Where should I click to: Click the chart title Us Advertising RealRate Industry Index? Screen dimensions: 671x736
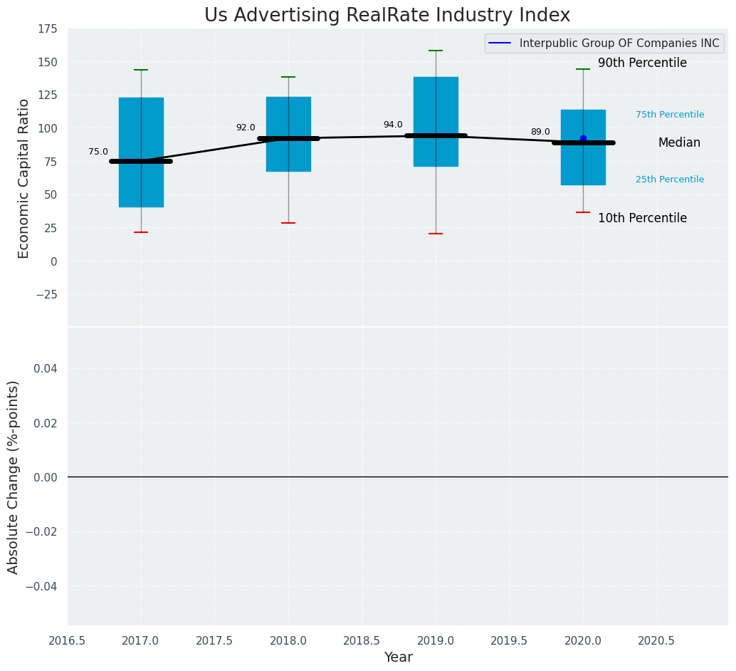(x=387, y=16)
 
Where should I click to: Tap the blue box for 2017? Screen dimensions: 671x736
(x=141, y=121)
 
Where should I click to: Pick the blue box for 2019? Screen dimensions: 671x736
(x=436, y=107)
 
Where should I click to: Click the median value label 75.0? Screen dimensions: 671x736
(x=98, y=152)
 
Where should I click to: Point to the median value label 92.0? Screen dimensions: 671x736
(x=246, y=128)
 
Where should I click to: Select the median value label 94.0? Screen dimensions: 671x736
(x=393, y=125)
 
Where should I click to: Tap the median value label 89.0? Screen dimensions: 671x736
(x=540, y=132)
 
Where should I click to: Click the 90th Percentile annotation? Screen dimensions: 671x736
(x=642, y=63)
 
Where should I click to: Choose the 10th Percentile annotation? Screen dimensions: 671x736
(x=642, y=219)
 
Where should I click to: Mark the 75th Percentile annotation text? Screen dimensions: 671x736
(x=670, y=115)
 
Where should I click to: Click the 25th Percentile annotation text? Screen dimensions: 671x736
(x=670, y=180)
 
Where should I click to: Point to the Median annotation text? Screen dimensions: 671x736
(x=679, y=143)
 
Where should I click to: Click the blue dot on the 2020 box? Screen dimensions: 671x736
(x=583, y=138)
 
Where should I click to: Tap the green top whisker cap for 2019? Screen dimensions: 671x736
(x=436, y=51)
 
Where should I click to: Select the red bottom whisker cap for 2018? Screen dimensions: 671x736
(x=288, y=223)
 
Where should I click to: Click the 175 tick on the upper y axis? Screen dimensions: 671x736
(x=48, y=29)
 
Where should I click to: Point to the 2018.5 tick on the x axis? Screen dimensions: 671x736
(x=362, y=641)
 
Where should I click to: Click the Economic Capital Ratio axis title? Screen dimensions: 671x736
(x=24, y=178)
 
